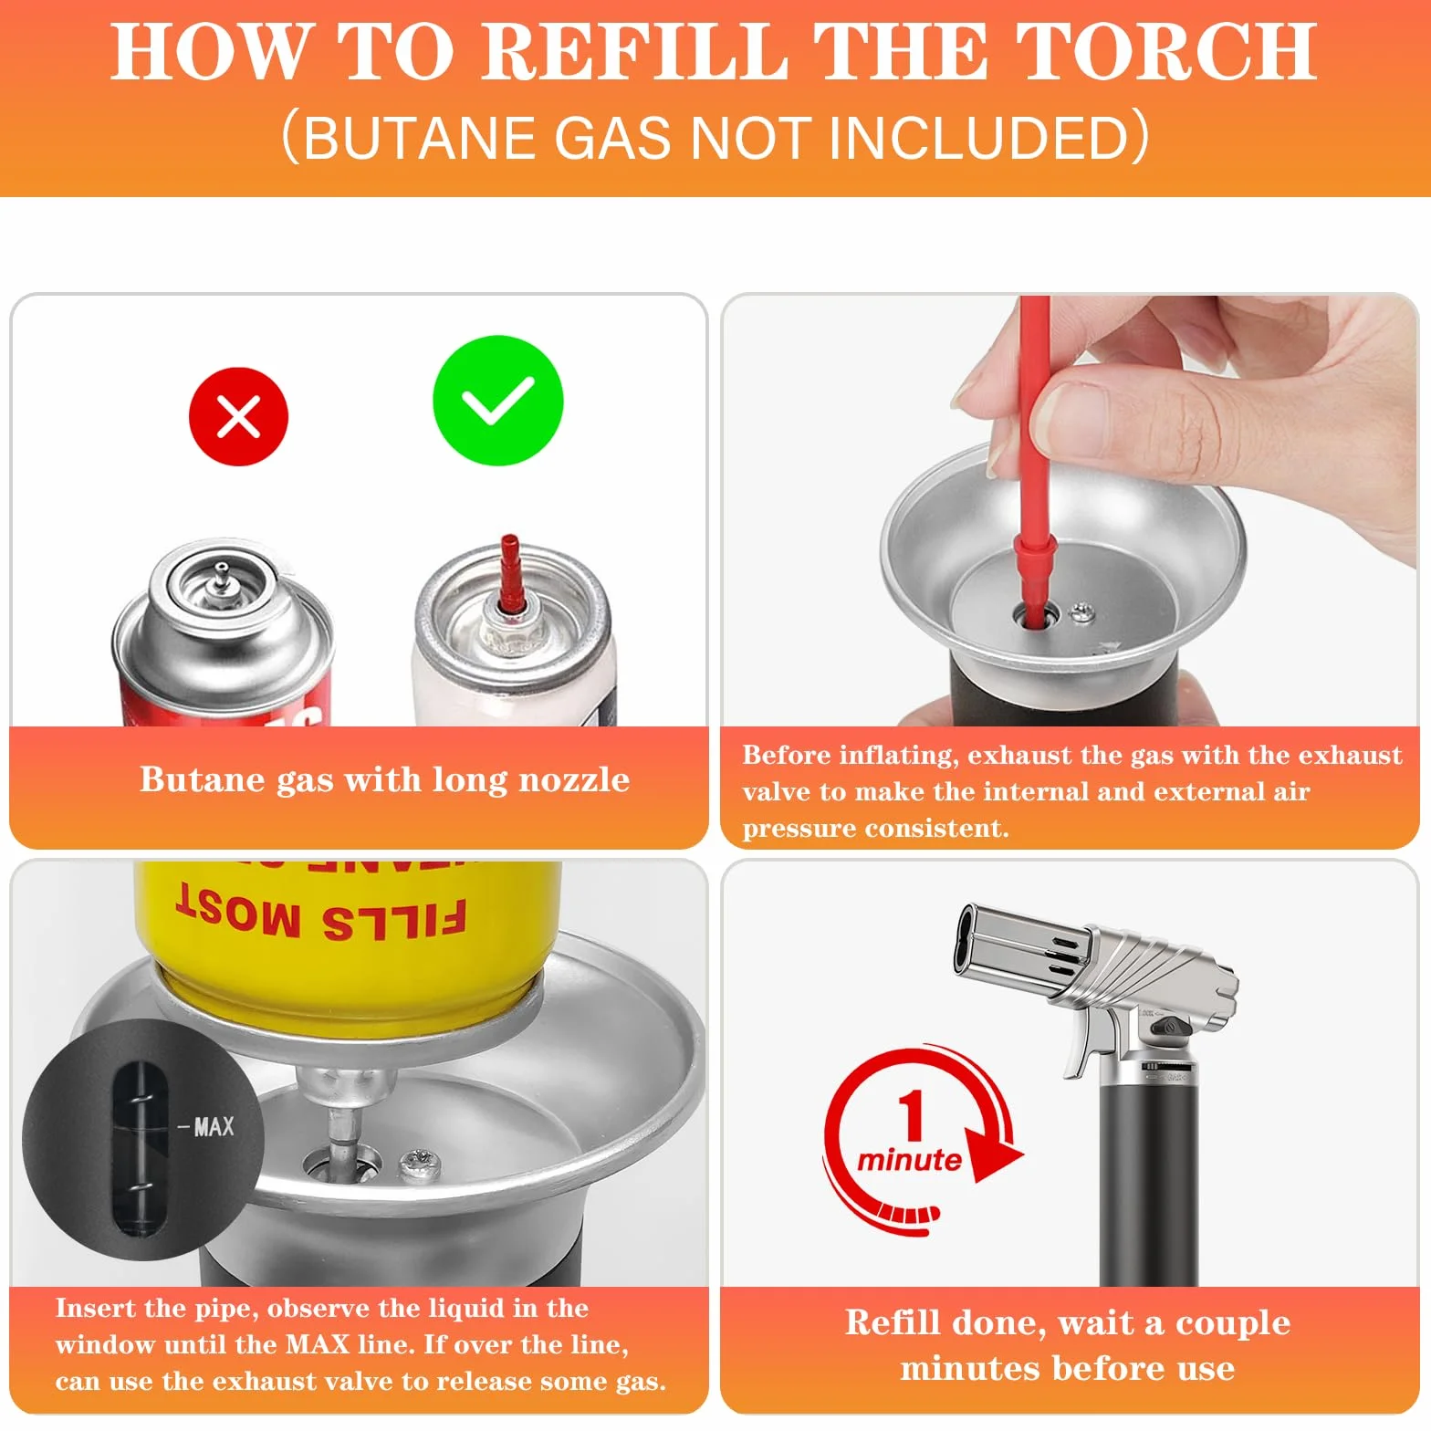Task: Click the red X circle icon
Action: (x=238, y=417)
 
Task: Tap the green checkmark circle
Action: (x=497, y=401)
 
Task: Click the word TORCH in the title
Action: (x=1165, y=51)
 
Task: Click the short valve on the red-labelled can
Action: (x=221, y=577)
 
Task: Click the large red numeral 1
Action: (x=911, y=1115)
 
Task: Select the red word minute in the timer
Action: (x=909, y=1160)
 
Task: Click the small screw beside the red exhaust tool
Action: (x=1082, y=611)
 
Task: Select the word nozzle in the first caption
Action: (x=574, y=780)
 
